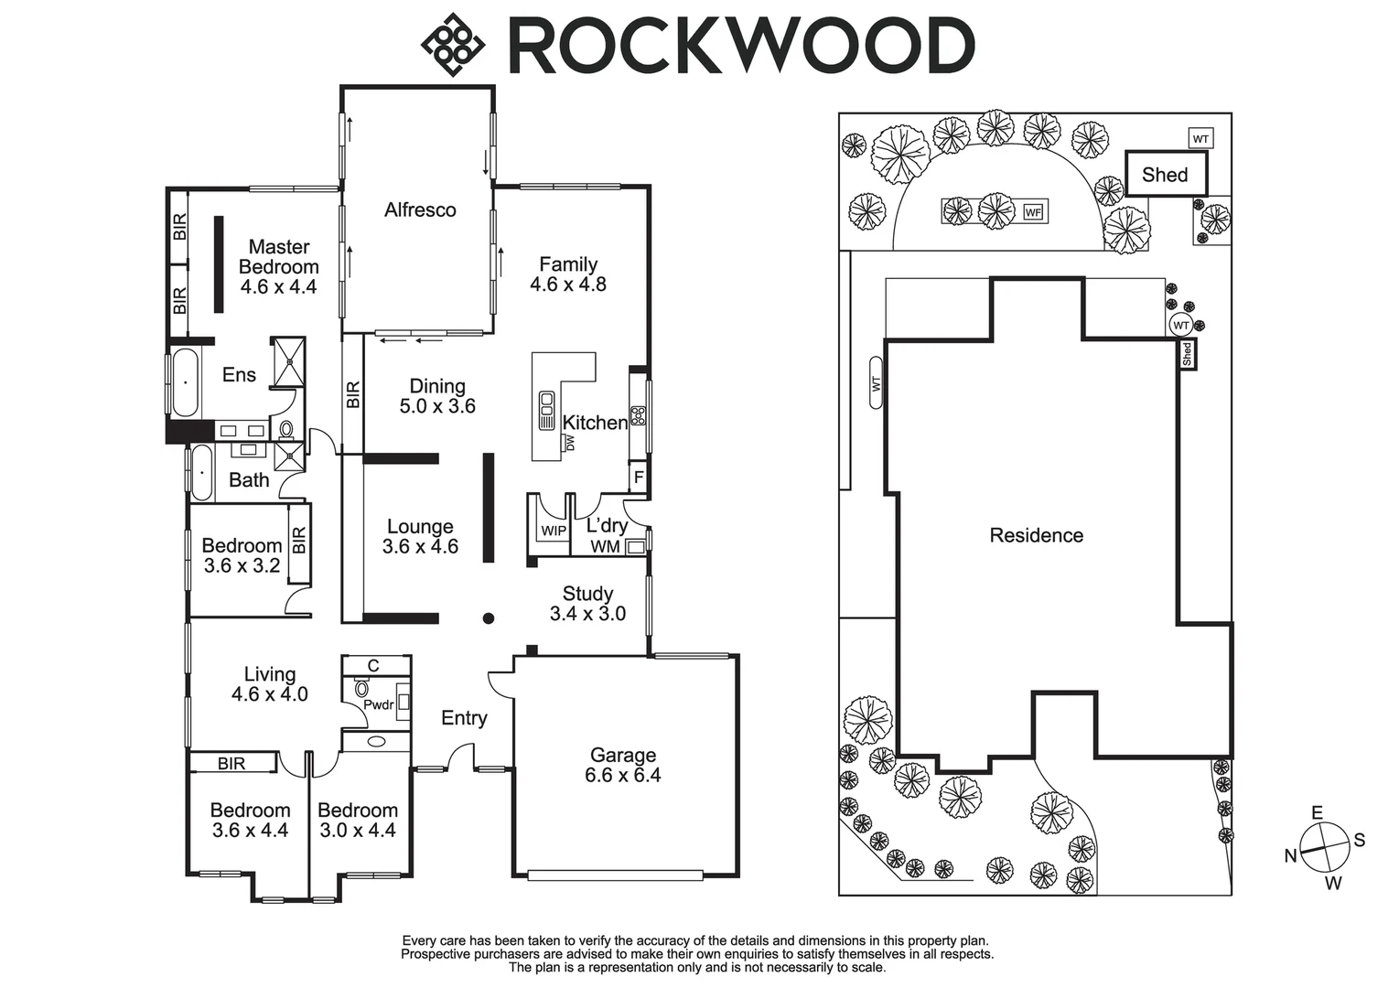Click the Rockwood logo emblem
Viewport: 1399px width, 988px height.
coord(451,43)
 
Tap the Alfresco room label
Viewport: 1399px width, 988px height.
coord(420,209)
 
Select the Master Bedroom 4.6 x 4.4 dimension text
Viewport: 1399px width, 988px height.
coord(278,287)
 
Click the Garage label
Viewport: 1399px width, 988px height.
coord(622,755)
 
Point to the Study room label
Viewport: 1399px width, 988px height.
coord(587,594)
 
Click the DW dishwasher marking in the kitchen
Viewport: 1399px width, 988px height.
coord(570,443)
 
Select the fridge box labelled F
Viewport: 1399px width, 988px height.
coord(639,478)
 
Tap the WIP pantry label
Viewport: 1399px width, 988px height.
coord(554,531)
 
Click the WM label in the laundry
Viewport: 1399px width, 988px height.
coord(605,547)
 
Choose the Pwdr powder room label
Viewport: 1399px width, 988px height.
coord(378,704)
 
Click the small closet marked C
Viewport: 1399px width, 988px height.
coord(373,665)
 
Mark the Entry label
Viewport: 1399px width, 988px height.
coord(464,718)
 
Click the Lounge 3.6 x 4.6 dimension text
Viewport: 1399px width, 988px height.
coord(420,547)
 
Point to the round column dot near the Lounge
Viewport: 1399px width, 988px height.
coord(489,618)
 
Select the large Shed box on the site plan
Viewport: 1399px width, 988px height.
coord(1165,174)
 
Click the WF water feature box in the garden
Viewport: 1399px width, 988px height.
coord(1033,212)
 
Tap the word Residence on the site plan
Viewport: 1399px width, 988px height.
coord(1036,535)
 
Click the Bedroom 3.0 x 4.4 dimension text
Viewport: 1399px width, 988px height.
coord(357,831)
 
